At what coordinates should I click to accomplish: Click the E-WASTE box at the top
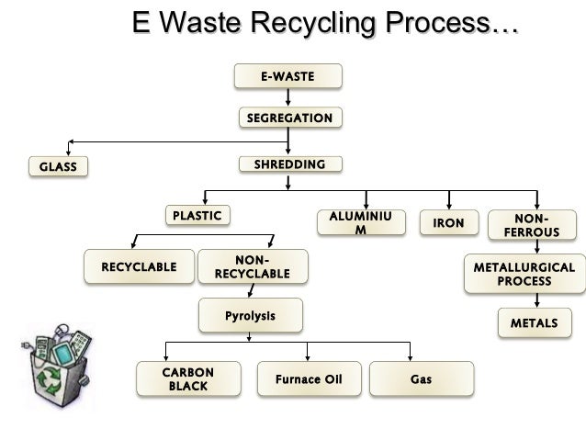coord(287,75)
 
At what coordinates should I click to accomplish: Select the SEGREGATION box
coord(289,118)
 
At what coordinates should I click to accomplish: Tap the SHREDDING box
coord(288,165)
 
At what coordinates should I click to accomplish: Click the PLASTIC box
coord(197,216)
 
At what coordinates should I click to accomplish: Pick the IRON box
coord(448,223)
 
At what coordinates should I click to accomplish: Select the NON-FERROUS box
coord(530,226)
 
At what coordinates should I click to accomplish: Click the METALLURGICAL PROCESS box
coord(524,274)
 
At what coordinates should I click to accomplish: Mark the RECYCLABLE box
coord(139,266)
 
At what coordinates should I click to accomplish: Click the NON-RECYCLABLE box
coord(252,266)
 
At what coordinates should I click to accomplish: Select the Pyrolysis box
coord(250,317)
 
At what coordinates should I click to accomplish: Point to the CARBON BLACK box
coord(188,379)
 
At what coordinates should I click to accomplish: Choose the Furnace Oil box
coord(308,378)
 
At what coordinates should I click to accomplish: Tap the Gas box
coord(422,378)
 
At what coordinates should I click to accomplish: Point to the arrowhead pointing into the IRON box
coord(448,208)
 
